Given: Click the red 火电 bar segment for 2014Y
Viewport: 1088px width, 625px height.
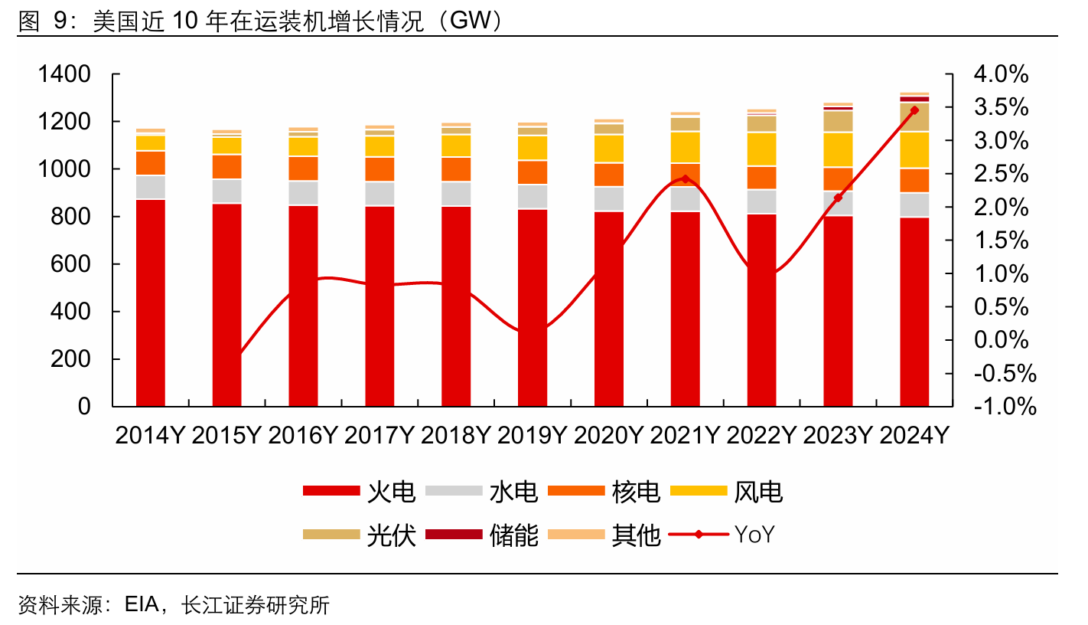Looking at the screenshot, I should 151,303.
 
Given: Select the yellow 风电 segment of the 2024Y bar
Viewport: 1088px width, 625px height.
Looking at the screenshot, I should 914,149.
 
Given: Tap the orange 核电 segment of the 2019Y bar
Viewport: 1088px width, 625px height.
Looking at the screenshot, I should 533,172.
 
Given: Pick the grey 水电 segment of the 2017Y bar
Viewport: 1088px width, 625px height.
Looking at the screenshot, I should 379,193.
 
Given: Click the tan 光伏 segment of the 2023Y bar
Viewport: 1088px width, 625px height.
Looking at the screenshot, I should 838,121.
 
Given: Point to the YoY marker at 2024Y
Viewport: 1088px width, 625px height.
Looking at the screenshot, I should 914,110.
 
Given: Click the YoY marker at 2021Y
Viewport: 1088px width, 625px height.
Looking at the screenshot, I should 685,179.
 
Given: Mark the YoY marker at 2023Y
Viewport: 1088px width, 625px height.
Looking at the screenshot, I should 838,198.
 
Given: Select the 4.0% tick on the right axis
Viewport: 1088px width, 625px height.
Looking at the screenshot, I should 1001,74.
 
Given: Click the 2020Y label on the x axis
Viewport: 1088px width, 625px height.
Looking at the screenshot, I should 609,436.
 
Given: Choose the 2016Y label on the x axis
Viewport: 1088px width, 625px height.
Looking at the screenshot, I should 303,436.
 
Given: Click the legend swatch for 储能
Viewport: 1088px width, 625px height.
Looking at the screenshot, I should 454,535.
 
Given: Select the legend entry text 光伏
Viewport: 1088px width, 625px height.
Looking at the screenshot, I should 391,535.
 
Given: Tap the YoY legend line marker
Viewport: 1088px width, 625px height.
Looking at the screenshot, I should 699,535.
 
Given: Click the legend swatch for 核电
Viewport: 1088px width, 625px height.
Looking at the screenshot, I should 576,491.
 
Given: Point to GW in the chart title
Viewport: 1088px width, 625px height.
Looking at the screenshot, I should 471,22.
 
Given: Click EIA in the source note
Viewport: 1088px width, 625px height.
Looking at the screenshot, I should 141,606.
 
